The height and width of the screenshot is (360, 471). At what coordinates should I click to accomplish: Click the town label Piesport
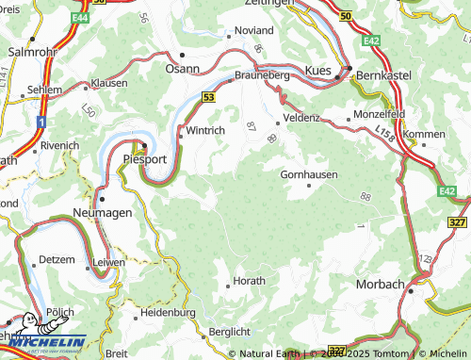click(145, 160)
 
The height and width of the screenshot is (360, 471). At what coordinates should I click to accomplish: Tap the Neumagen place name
click(103, 214)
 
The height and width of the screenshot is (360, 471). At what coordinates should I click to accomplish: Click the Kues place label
click(320, 71)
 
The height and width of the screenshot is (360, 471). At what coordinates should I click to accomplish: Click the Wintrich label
click(204, 130)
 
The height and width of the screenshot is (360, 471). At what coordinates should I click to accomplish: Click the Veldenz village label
click(300, 120)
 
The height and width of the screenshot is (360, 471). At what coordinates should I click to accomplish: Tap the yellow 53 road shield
click(207, 96)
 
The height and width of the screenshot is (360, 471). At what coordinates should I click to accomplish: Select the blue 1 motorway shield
click(42, 123)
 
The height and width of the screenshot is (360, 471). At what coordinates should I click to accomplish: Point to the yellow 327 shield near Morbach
click(457, 221)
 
